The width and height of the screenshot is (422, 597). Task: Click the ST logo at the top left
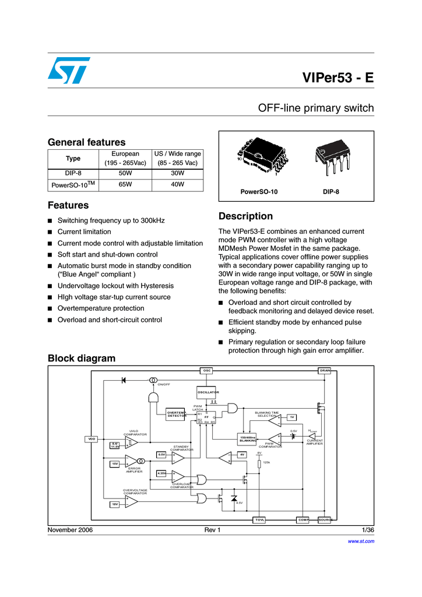(x=69, y=70)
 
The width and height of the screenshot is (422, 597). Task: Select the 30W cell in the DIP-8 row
(x=177, y=174)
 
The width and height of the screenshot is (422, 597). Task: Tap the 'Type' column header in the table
(x=73, y=159)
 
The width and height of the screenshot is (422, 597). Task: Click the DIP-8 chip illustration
(x=330, y=158)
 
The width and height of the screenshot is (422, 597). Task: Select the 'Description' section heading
(x=245, y=216)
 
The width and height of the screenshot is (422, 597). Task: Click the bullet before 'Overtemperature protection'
(x=51, y=309)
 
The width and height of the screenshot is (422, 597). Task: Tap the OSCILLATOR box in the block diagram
(x=208, y=392)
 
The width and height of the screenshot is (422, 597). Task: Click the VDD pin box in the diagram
(x=92, y=438)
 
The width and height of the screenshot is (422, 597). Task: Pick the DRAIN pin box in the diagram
(x=325, y=370)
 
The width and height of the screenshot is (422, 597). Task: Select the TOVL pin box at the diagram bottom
(x=259, y=519)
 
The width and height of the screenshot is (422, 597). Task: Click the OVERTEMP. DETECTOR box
(x=177, y=415)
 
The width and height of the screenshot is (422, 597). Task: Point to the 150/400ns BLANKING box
(x=248, y=439)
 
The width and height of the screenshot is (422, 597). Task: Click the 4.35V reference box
(x=161, y=473)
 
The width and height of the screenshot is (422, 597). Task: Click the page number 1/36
(x=367, y=530)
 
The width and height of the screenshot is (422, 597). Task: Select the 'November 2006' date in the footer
(x=69, y=530)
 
